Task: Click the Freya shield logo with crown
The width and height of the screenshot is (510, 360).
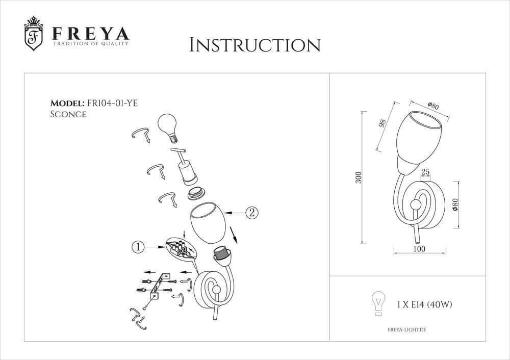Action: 34,34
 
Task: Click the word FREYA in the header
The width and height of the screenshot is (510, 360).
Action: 91,34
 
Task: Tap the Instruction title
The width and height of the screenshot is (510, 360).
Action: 254,45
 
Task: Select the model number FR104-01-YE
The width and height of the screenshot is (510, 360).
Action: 113,103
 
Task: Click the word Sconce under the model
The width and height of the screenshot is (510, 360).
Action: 68,114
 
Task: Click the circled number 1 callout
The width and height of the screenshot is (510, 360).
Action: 138,247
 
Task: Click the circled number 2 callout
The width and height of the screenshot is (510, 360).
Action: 251,213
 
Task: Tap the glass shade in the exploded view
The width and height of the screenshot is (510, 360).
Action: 208,222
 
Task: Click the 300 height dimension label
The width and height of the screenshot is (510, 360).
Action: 358,177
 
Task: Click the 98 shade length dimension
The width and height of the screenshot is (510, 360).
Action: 382,123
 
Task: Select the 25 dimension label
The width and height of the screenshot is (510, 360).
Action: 425,172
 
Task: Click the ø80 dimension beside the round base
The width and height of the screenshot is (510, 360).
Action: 455,204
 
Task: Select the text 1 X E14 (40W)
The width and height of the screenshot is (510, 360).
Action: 424,305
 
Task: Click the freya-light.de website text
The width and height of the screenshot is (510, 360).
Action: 407,330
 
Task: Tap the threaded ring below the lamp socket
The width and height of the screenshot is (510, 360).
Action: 195,194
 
